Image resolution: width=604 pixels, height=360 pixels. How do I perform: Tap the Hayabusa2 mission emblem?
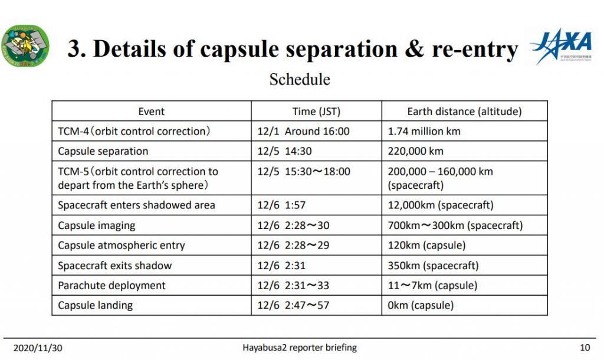click(25, 46)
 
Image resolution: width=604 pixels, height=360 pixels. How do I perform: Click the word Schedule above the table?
click(300, 80)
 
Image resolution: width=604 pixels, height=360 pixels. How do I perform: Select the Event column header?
click(152, 112)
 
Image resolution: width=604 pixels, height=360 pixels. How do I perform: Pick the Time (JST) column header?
click(316, 112)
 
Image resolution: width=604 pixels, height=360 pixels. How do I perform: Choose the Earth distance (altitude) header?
click(464, 112)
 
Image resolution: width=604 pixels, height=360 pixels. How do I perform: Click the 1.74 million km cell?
click(424, 132)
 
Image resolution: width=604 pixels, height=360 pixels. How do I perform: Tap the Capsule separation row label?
click(103, 151)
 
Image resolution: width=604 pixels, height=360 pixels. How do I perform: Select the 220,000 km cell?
click(416, 151)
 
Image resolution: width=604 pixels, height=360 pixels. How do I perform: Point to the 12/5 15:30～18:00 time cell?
click(304, 172)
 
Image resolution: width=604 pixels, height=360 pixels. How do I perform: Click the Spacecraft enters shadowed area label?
click(136, 205)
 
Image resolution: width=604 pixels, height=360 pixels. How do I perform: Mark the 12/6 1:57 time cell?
click(281, 205)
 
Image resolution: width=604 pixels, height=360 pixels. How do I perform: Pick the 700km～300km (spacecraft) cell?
click(455, 225)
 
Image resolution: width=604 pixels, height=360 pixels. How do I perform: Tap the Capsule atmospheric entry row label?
click(122, 246)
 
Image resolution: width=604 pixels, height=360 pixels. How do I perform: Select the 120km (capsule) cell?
click(426, 246)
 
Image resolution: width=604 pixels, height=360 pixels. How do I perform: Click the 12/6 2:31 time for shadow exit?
click(281, 266)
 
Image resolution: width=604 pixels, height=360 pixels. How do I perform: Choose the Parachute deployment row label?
click(111, 286)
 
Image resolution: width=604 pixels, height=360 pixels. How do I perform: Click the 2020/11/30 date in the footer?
click(38, 348)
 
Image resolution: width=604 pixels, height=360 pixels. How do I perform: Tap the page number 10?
click(585, 348)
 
